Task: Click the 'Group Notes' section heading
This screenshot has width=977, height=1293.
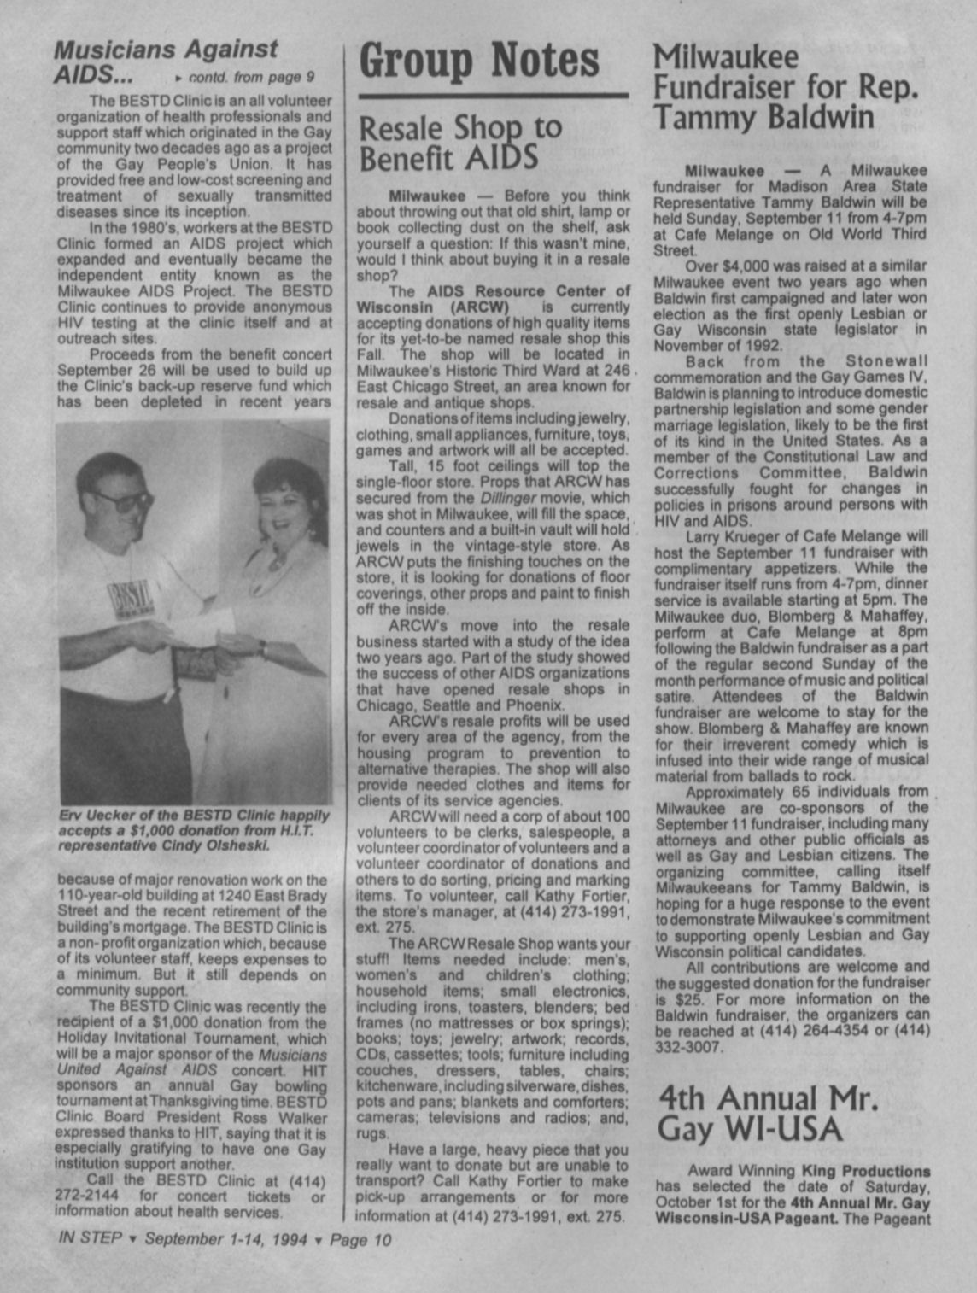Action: [x=478, y=61]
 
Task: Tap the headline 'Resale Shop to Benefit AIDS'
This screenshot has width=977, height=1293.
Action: [x=460, y=143]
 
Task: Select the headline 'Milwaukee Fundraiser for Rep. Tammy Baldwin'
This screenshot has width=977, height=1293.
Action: [x=786, y=87]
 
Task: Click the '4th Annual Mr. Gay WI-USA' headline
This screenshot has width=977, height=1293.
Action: [x=768, y=1113]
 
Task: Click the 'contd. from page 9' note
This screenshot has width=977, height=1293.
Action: [x=243, y=77]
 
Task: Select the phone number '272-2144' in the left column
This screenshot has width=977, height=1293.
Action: [x=89, y=1196]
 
